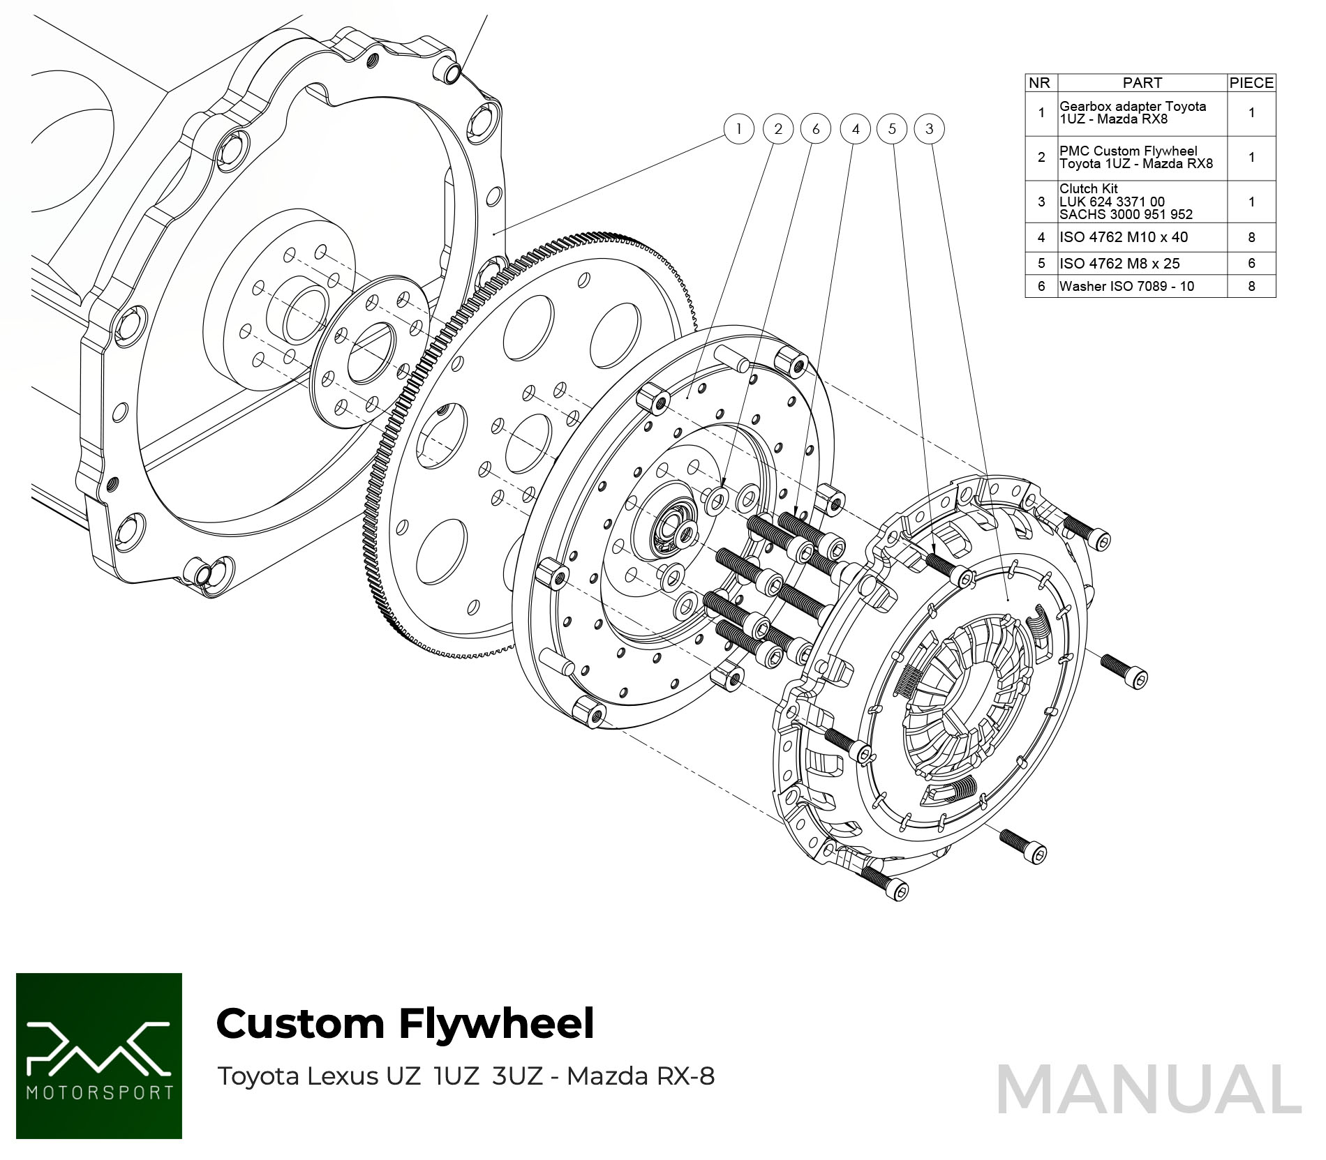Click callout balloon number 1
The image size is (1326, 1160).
738,129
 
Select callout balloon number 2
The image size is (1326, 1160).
777,129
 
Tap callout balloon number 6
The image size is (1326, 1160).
815,129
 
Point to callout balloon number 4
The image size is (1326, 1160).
855,129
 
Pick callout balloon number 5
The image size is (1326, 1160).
892,129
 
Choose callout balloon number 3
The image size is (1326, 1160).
929,129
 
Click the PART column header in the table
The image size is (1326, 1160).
1142,83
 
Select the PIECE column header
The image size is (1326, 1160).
1251,83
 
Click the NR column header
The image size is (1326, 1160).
1040,83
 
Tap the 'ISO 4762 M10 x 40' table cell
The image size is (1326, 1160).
1124,237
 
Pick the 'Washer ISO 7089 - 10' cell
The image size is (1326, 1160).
1126,286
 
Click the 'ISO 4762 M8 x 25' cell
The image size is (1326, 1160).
1119,264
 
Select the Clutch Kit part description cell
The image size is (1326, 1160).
1126,202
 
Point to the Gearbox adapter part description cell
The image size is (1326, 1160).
1132,112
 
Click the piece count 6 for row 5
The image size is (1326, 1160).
1251,264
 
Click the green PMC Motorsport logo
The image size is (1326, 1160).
99,1055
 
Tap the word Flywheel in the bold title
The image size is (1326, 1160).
496,1024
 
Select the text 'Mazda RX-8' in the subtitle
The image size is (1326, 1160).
641,1076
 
